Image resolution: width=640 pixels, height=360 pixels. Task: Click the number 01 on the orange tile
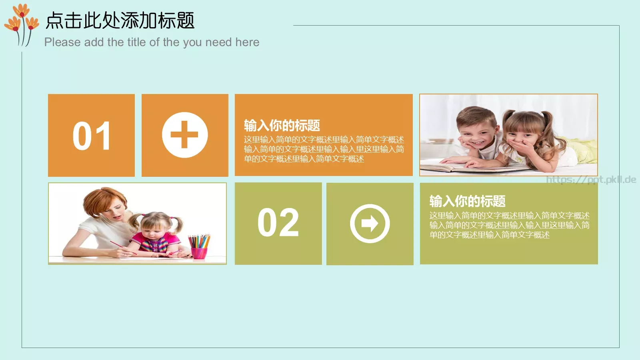[x=92, y=136]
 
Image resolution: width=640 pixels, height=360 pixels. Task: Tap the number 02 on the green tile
[x=278, y=223]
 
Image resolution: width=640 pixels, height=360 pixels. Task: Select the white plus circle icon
[x=185, y=135]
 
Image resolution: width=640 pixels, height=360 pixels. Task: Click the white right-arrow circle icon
[x=370, y=224]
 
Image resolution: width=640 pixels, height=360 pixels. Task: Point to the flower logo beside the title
[x=22, y=24]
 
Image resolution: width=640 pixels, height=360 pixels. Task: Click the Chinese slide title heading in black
[x=120, y=20]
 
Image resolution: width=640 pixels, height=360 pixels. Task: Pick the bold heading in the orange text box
[x=282, y=125]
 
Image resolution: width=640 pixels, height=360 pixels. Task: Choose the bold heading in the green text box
[x=468, y=201]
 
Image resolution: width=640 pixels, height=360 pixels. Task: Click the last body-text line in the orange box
[x=304, y=159]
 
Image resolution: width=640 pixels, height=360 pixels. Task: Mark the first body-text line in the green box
[x=509, y=216]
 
